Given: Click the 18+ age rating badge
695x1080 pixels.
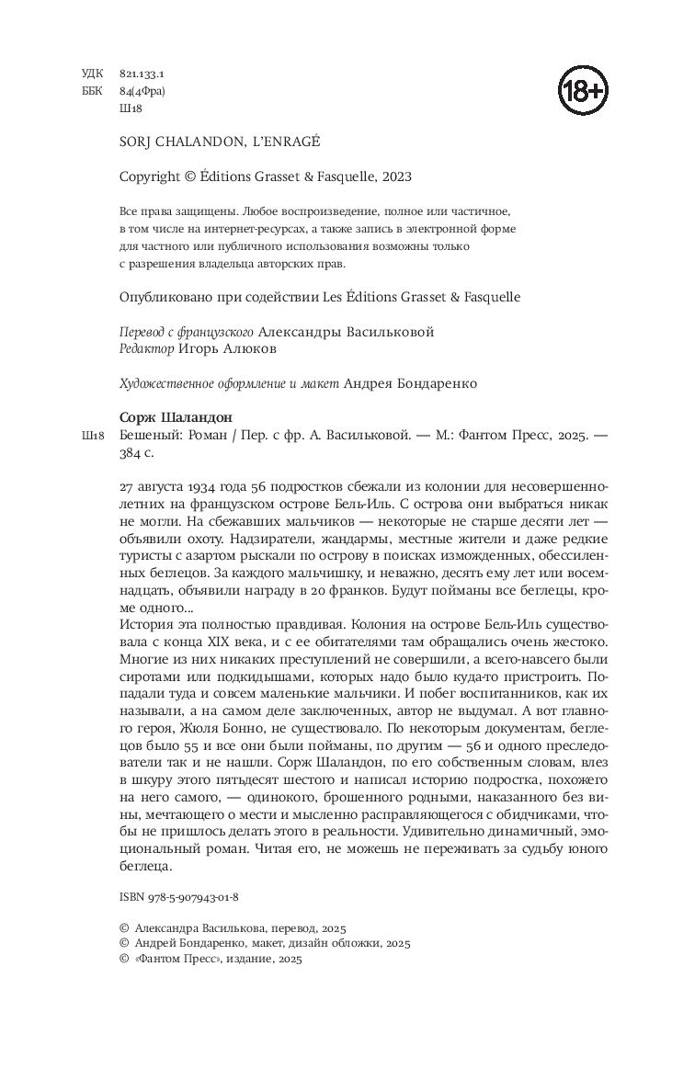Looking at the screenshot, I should [x=584, y=91].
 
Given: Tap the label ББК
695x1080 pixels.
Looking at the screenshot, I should [x=92, y=91].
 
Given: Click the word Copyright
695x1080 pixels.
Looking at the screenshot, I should [x=151, y=176].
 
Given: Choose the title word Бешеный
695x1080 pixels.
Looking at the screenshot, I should [x=148, y=435].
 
